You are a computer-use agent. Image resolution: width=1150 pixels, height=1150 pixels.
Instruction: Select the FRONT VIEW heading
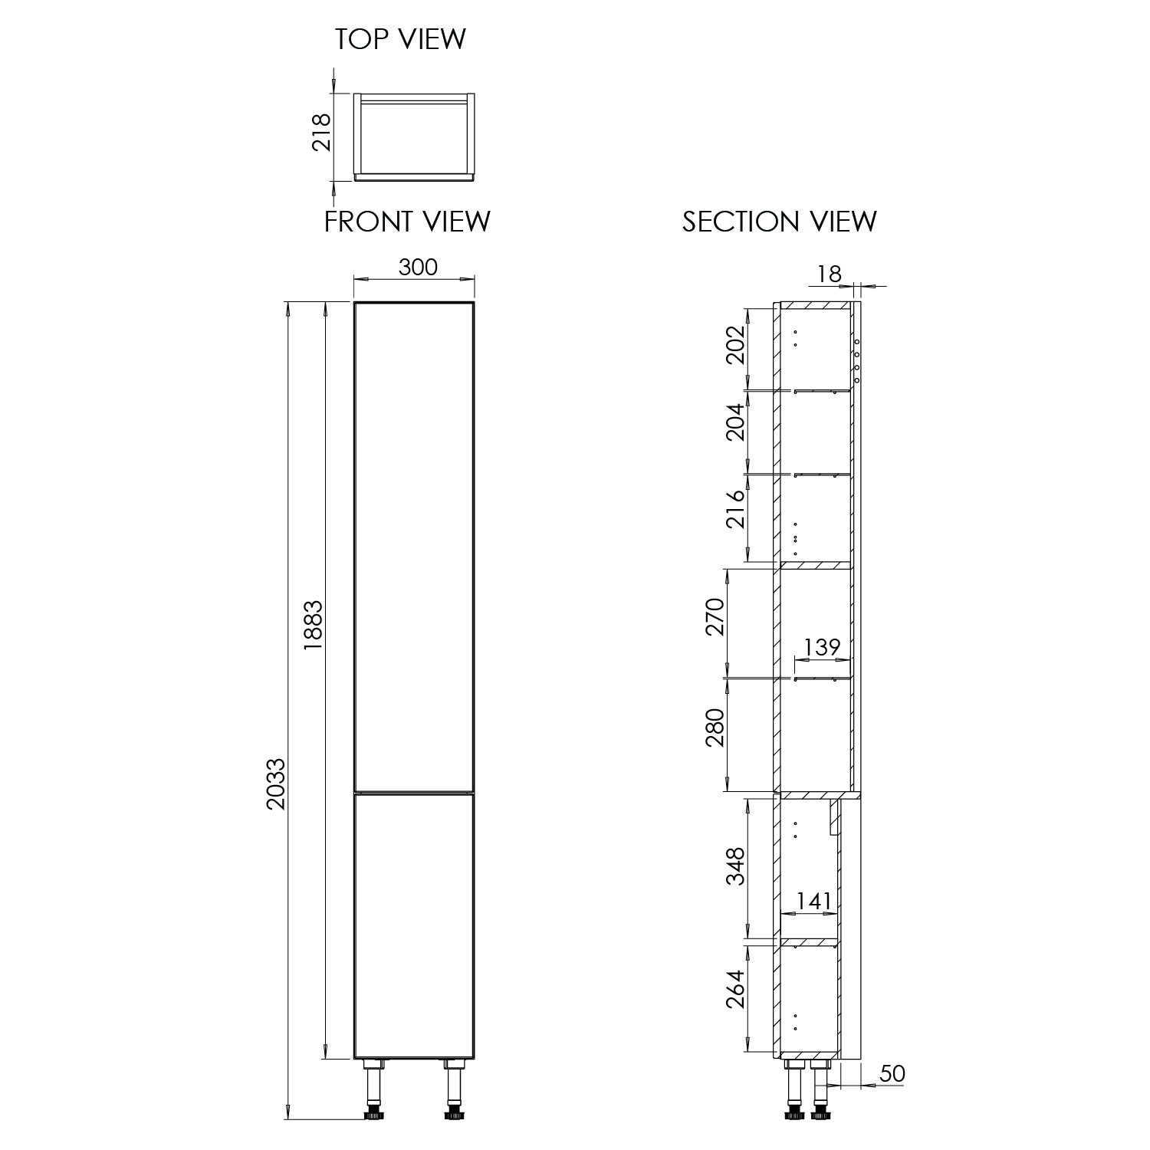coord(407,222)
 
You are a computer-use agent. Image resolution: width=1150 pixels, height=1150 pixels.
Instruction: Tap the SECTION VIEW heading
coord(779,222)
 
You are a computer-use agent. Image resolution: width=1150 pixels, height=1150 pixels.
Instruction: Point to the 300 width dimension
coord(418,267)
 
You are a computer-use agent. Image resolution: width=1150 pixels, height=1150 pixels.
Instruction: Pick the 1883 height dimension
coord(314,625)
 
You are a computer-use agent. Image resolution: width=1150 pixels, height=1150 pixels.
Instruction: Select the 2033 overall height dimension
coord(275,784)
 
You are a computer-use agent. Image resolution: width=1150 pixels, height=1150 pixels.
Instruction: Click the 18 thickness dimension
coord(830,274)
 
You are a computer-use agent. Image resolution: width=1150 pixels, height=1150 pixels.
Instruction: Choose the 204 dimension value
coord(734,422)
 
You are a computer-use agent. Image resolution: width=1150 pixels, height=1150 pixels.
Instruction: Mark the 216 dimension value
coord(734,509)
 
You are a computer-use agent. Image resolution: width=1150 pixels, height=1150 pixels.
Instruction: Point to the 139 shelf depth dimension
coord(822,648)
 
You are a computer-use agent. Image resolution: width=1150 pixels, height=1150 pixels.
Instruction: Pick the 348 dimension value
coord(734,866)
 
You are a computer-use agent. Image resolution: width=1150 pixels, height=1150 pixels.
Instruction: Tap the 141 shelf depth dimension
coord(813,901)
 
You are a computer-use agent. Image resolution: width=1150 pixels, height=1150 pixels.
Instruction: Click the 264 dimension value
coord(734,990)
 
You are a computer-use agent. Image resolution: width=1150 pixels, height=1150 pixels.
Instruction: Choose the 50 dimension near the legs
coord(892,1074)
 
